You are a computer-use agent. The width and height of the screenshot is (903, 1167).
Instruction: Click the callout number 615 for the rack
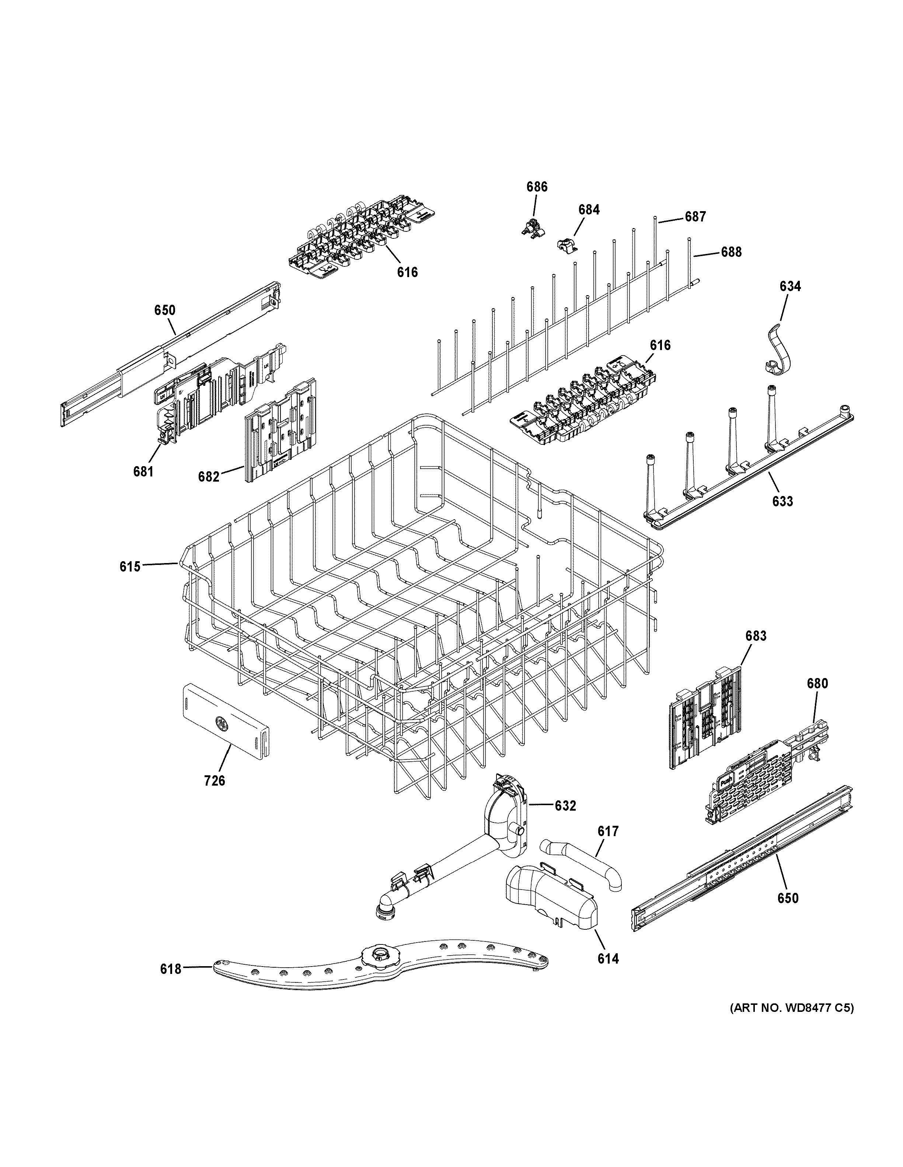coord(130,566)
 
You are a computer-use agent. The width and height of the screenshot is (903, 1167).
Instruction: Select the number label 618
coord(171,969)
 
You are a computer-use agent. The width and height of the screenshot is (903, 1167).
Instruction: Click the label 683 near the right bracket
coord(756,636)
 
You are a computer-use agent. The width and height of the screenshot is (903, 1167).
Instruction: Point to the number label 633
coord(782,501)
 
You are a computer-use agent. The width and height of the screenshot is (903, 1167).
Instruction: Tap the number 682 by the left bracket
coord(208,476)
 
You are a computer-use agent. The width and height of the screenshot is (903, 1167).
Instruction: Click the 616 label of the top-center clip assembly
coord(407,273)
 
